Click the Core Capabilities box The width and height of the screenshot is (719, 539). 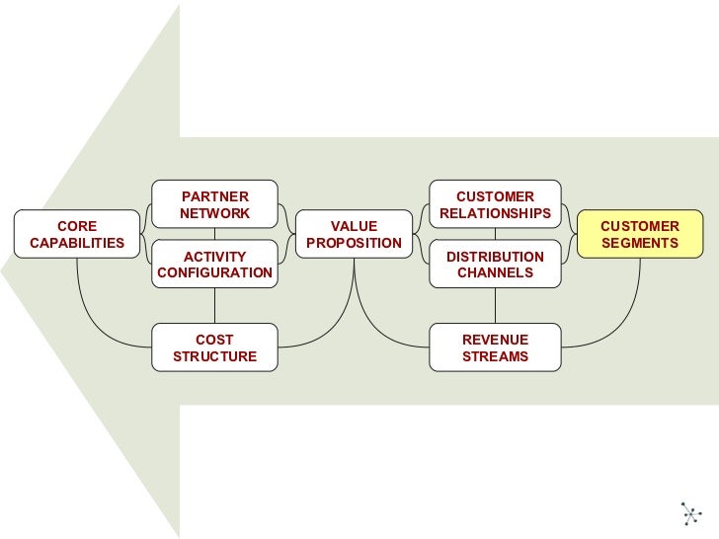[x=77, y=234]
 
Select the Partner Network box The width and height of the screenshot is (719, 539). [x=214, y=204]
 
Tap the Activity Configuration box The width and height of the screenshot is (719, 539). [x=214, y=264]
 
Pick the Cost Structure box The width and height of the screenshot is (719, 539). [x=214, y=347]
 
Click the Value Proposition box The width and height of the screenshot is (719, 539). [x=354, y=234]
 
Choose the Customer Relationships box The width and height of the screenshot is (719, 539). [x=495, y=204]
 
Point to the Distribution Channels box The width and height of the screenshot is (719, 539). [x=495, y=264]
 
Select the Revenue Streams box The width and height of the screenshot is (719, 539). [x=495, y=347]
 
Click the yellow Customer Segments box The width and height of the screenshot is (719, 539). [x=639, y=234]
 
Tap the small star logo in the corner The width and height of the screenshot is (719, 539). [x=689, y=512]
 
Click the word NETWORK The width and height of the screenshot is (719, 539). [x=214, y=213]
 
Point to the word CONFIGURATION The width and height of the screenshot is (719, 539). [x=214, y=272]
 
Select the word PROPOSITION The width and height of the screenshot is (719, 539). [x=354, y=243]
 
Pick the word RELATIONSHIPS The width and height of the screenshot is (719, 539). [x=495, y=213]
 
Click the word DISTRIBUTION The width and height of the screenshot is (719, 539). [x=495, y=257]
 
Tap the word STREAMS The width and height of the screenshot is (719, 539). [x=495, y=356]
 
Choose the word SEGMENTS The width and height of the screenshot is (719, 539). [x=639, y=243]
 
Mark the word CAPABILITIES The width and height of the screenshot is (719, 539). [x=77, y=243]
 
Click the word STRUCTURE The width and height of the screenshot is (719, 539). [x=214, y=356]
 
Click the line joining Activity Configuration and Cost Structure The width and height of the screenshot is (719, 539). [x=214, y=306]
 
